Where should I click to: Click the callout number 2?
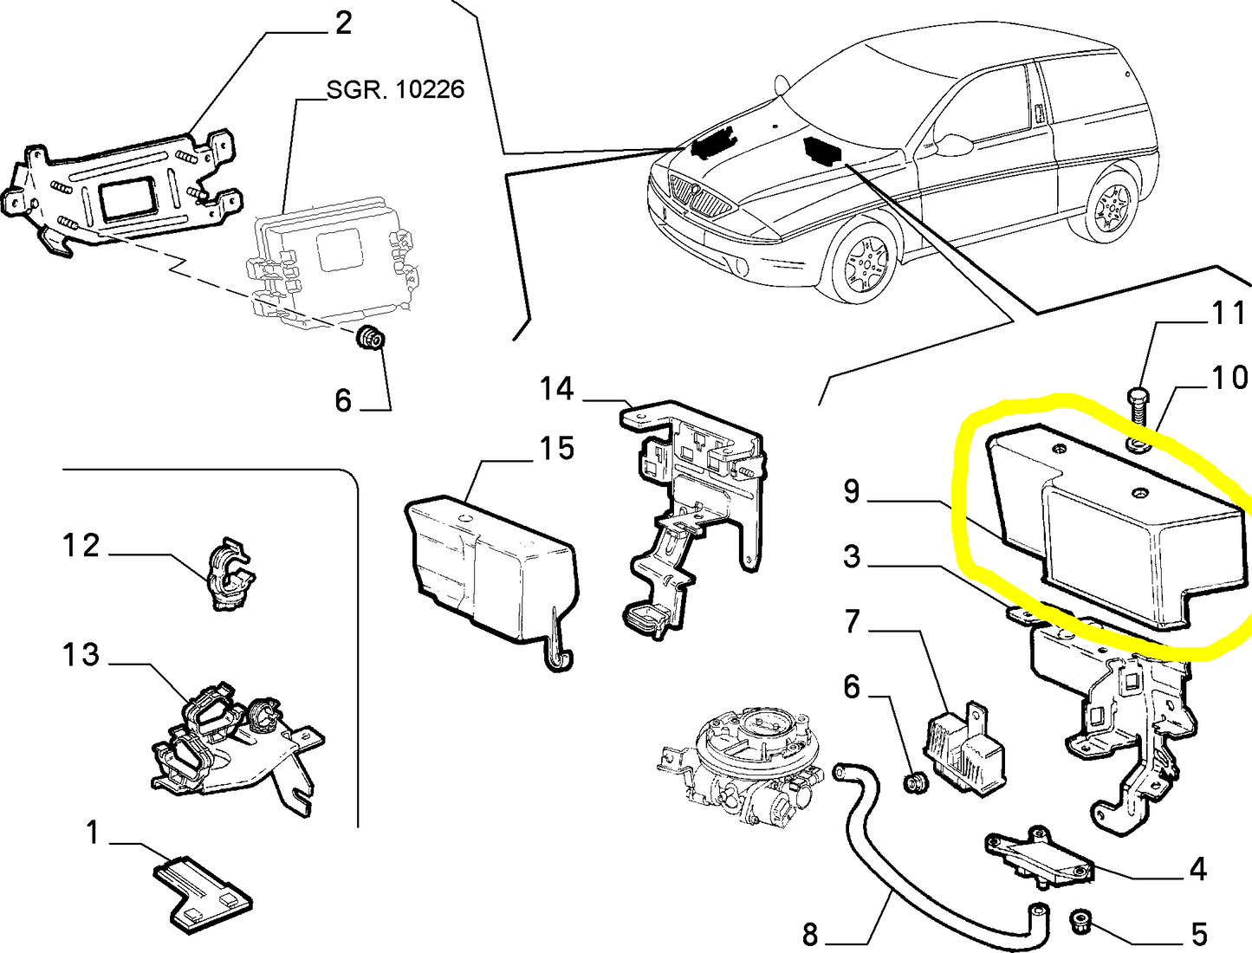(343, 23)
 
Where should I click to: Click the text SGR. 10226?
(395, 89)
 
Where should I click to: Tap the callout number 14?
(556, 389)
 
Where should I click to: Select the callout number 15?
(556, 449)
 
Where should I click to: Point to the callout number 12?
(81, 546)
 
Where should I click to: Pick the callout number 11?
(1227, 313)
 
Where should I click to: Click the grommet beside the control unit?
(371, 338)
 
